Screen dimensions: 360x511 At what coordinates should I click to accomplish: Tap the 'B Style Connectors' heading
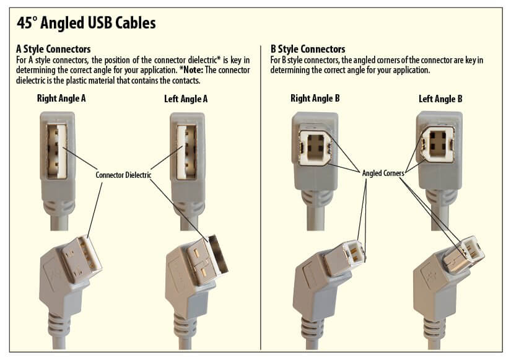(x=308, y=49)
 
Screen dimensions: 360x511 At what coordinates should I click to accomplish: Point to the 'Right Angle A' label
(x=61, y=98)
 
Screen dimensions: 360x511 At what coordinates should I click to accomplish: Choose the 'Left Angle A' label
(x=185, y=98)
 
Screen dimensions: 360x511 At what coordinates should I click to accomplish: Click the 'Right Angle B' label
(x=315, y=98)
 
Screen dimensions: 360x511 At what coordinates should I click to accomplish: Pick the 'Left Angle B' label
(x=440, y=98)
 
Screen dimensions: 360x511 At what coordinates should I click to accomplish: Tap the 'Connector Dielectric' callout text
(x=124, y=175)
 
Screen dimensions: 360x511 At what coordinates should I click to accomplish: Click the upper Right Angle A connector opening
(x=58, y=149)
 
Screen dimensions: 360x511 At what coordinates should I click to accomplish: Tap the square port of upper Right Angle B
(x=315, y=147)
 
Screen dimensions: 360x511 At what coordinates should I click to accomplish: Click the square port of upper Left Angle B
(x=441, y=147)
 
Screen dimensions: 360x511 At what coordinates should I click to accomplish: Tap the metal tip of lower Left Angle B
(x=468, y=254)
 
